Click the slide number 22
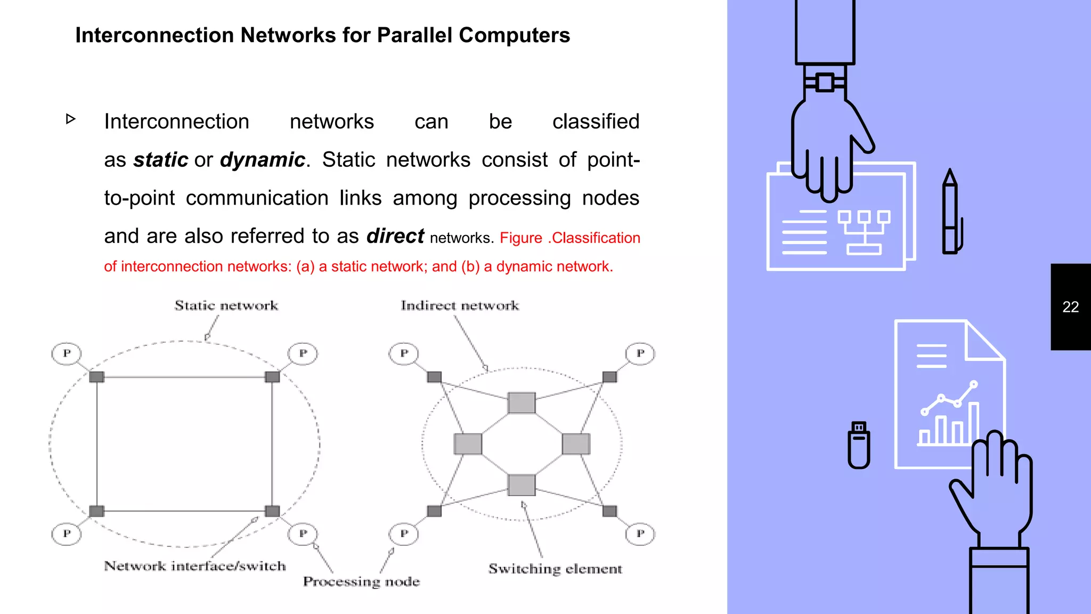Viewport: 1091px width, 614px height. [1070, 307]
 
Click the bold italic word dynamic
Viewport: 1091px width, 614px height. [262, 160]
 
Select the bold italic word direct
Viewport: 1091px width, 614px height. [395, 236]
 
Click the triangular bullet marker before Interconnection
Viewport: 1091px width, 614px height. [71, 119]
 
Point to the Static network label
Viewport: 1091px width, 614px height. [226, 305]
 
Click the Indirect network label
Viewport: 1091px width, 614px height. [459, 305]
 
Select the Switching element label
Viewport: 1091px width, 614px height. [555, 569]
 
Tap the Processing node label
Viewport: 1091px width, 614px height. [361, 581]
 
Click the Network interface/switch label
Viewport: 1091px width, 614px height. [194, 566]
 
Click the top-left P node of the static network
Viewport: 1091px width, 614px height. [67, 353]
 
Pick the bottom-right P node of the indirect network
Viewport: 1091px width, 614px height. [640, 534]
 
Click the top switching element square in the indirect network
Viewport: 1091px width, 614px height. [522, 403]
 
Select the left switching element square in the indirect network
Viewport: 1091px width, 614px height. [468, 444]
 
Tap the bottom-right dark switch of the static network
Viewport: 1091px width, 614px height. [272, 511]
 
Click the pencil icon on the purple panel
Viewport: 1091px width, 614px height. [951, 213]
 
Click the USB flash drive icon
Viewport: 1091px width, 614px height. [858, 446]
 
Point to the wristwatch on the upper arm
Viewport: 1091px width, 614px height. [825, 83]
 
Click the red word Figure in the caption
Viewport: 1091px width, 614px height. [520, 238]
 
